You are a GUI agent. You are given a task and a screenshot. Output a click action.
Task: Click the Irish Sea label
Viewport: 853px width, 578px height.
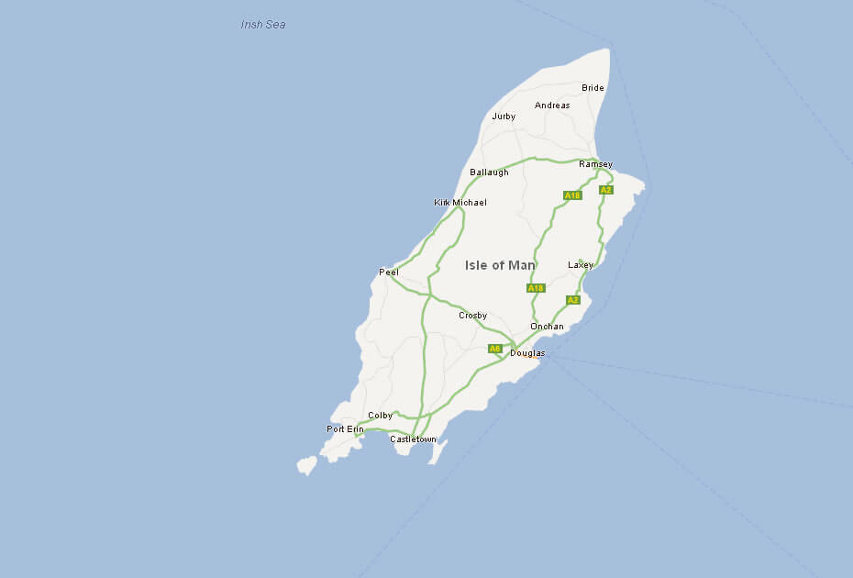[x=263, y=25]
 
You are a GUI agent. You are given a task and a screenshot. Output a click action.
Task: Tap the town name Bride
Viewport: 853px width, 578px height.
[x=593, y=88]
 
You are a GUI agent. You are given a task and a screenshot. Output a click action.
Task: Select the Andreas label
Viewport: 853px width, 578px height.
[x=552, y=106]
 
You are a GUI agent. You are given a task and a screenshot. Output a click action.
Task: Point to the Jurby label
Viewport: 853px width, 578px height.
[x=504, y=117]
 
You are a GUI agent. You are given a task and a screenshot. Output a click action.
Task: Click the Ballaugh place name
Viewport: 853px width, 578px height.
[x=489, y=172]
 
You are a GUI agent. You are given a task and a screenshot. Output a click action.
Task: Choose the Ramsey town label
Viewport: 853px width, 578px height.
[x=595, y=164]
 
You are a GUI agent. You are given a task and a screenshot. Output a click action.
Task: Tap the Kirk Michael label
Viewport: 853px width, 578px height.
[x=460, y=202]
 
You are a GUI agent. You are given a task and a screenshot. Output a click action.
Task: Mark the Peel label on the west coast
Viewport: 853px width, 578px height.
[x=389, y=272]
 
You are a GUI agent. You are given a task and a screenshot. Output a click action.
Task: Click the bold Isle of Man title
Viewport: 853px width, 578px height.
[x=500, y=265]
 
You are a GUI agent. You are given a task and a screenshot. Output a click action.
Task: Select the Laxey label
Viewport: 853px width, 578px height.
[x=581, y=265]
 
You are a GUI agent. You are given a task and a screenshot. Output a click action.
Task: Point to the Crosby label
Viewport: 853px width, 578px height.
[x=472, y=316]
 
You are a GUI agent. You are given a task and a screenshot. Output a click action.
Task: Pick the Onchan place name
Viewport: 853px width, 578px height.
[x=547, y=327]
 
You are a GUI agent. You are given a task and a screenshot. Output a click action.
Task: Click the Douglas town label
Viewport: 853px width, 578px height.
[x=527, y=353]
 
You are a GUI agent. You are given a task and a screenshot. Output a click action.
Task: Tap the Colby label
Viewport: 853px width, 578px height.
[x=380, y=416]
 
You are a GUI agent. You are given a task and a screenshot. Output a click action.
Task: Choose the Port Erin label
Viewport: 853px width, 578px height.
[x=345, y=429]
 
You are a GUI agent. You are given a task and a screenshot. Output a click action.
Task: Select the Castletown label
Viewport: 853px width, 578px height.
[x=413, y=439]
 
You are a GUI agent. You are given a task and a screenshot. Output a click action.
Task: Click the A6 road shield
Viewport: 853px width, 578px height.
[x=494, y=349]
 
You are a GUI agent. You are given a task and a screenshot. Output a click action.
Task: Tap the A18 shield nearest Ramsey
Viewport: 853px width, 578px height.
[x=572, y=195]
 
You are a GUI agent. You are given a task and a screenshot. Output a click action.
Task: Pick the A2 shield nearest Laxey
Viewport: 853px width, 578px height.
[x=572, y=300]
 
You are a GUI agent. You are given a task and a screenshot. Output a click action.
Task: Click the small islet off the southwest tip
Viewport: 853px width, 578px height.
[x=306, y=465]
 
